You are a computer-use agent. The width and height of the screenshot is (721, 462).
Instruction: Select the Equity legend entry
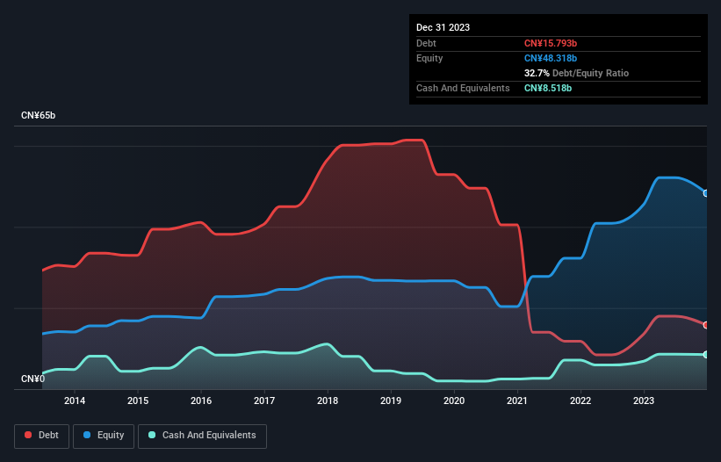(104, 435)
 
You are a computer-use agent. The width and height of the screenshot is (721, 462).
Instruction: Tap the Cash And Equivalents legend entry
(202, 435)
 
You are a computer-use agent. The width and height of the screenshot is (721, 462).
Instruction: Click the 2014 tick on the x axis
(75, 401)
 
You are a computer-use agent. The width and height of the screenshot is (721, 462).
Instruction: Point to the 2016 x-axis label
(201, 401)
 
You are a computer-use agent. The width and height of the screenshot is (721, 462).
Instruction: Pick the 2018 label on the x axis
(328, 401)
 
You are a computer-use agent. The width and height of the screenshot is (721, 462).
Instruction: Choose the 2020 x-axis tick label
(454, 401)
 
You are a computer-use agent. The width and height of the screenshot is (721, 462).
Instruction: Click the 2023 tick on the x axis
(644, 401)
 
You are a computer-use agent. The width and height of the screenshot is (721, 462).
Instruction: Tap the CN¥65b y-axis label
(39, 116)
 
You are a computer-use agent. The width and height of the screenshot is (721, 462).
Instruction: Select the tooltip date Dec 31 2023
(443, 27)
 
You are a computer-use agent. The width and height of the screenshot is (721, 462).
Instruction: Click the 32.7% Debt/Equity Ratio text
(576, 73)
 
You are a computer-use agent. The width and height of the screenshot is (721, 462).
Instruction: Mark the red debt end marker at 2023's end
(706, 325)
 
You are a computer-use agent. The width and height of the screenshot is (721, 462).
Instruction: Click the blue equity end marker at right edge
(706, 193)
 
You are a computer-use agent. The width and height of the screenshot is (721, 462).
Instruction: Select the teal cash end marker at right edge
(706, 354)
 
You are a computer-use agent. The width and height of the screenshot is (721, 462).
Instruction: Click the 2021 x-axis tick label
(517, 401)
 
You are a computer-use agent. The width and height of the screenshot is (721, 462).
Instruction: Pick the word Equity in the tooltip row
(429, 58)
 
